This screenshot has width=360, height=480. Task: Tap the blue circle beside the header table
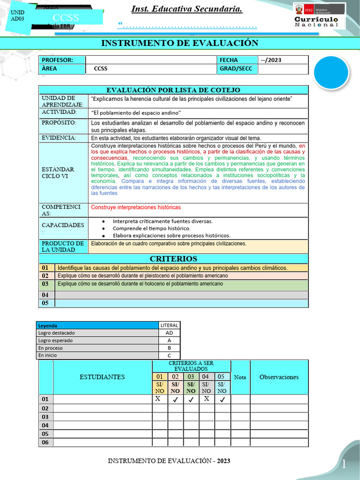pyautogui.click(x=331, y=72)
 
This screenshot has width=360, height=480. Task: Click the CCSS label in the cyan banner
pyautogui.click(x=66, y=18)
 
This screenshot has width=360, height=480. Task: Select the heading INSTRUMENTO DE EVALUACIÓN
pyautogui.click(x=180, y=43)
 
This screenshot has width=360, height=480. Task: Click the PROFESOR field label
pyautogui.click(x=58, y=60)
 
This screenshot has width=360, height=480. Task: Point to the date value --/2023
pyautogui.click(x=271, y=60)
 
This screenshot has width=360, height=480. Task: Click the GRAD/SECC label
pyautogui.click(x=235, y=68)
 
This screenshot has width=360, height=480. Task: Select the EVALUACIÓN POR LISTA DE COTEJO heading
pyautogui.click(x=173, y=90)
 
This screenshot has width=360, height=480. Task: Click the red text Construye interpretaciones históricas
pyautogui.click(x=136, y=207)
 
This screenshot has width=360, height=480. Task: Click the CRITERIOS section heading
pyautogui.click(x=173, y=259)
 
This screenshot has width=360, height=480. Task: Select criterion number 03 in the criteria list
pyautogui.click(x=45, y=284)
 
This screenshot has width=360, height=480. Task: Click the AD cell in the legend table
pyautogui.click(x=169, y=333)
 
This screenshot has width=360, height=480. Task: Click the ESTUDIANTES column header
pyautogui.click(x=102, y=377)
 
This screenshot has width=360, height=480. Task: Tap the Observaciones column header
pyautogui.click(x=279, y=377)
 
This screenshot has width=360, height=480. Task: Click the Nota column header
pyautogui.click(x=240, y=377)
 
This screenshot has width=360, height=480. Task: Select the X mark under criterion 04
pyautogui.click(x=207, y=399)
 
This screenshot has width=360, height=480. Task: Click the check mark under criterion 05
pyautogui.click(x=222, y=399)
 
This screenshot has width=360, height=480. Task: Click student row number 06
pyautogui.click(x=45, y=442)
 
